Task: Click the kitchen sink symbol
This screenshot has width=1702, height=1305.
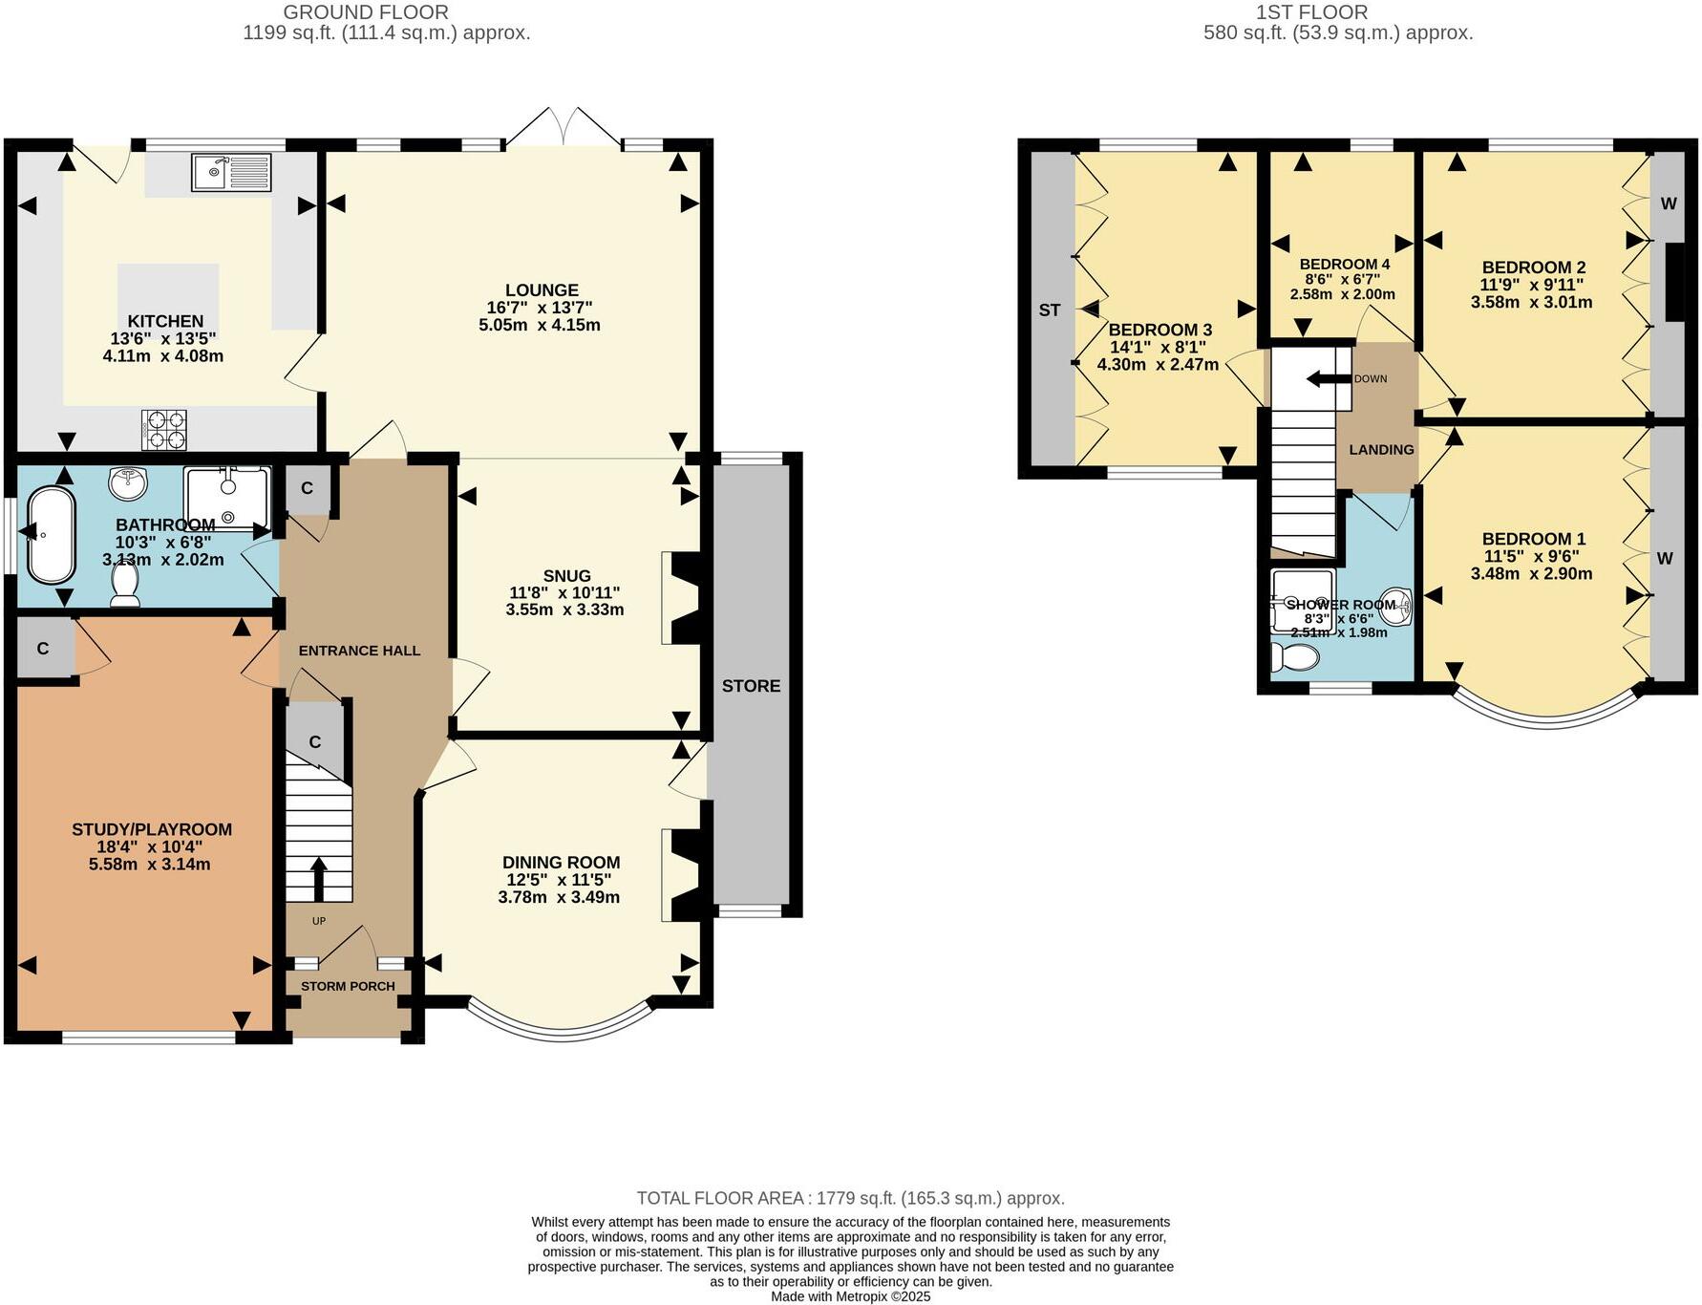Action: [232, 173]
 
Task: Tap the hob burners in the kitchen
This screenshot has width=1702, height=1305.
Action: [163, 429]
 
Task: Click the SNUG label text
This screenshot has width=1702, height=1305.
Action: [566, 576]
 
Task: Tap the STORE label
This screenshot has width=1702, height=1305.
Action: [751, 686]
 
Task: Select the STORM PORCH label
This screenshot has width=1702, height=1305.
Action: [348, 986]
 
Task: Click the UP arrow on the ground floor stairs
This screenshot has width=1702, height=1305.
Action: [318, 878]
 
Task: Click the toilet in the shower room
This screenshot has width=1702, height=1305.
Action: [1295, 657]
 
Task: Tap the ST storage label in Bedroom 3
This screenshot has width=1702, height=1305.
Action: [1049, 310]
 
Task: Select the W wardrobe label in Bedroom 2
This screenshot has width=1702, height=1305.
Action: [1668, 203]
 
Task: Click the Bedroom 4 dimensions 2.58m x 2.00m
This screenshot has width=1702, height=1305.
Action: [1342, 294]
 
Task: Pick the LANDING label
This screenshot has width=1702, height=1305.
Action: [1381, 450]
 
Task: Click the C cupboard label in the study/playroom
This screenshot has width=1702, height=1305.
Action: [43, 649]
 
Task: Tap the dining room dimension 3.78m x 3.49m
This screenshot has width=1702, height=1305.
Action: [559, 897]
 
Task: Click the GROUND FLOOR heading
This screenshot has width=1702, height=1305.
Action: [366, 12]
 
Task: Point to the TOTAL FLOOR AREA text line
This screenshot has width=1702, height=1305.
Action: [850, 1198]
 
